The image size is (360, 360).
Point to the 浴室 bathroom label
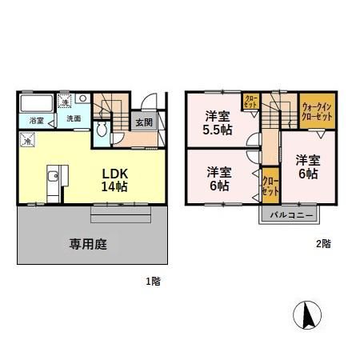(37, 121)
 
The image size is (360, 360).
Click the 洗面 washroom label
(74, 119)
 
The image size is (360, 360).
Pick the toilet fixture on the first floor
(102, 130)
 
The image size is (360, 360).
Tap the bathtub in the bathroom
(35, 104)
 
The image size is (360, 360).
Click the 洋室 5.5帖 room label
(217, 122)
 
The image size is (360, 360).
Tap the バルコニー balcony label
(289, 214)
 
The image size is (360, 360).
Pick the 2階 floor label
(322, 244)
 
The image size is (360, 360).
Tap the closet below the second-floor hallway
(270, 186)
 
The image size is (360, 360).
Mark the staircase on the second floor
(279, 110)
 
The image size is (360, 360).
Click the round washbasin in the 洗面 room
(82, 101)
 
